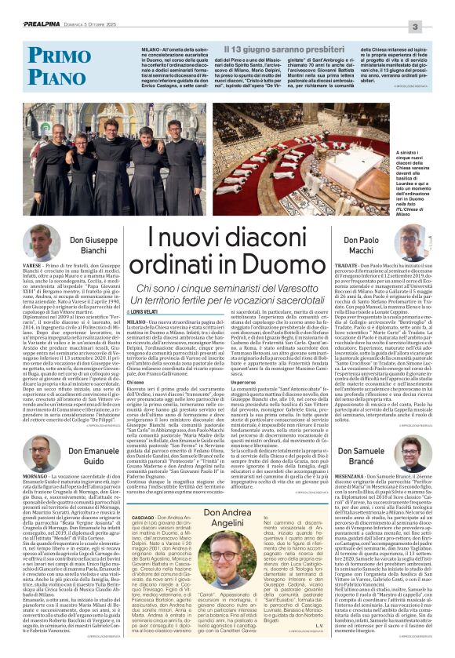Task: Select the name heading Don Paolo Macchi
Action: pos(339,267)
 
